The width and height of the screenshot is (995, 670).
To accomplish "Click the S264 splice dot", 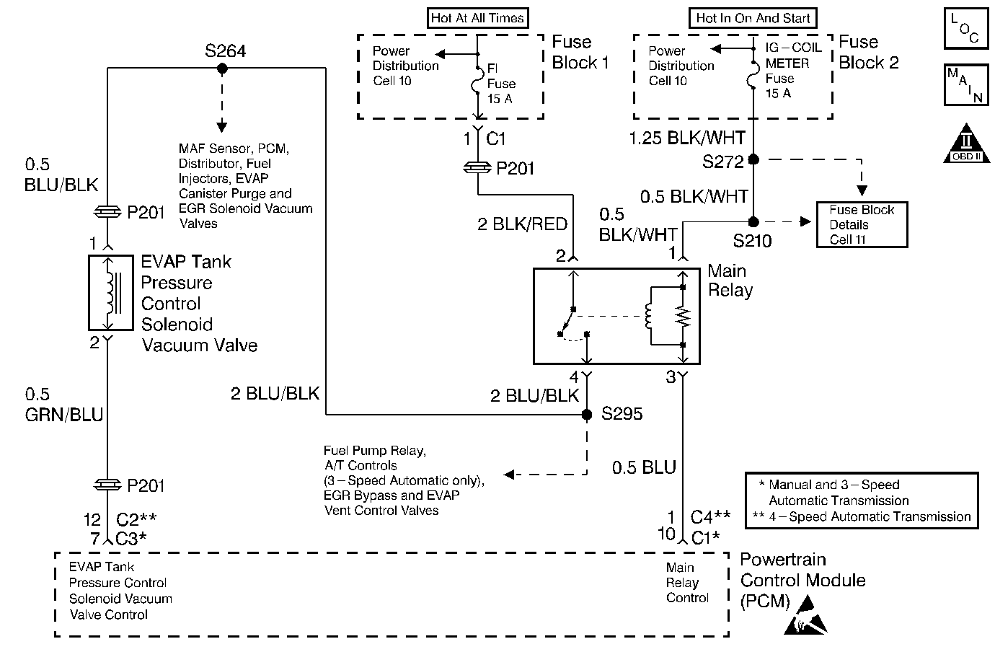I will click(x=222, y=69).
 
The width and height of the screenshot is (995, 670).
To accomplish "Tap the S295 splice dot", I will click(x=587, y=415).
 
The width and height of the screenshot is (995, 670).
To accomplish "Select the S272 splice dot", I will click(x=753, y=159).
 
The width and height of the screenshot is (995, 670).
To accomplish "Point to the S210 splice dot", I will click(x=753, y=221).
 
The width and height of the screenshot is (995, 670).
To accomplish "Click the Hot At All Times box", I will click(x=477, y=18).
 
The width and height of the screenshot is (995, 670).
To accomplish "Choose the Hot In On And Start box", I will click(x=753, y=18).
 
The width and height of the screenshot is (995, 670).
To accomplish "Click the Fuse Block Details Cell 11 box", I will click(x=862, y=225).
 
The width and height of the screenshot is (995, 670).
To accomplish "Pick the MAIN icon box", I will click(x=965, y=85).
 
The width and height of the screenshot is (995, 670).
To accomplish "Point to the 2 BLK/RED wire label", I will click(x=522, y=224).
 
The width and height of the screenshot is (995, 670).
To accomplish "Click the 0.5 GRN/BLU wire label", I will click(x=64, y=405).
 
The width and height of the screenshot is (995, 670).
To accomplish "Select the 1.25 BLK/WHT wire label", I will click(x=687, y=138).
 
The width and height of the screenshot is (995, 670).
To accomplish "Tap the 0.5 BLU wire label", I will click(x=644, y=467).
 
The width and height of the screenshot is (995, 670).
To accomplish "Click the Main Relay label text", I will click(x=730, y=281).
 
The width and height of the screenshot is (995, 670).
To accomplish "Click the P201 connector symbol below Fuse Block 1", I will click(x=477, y=168).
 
